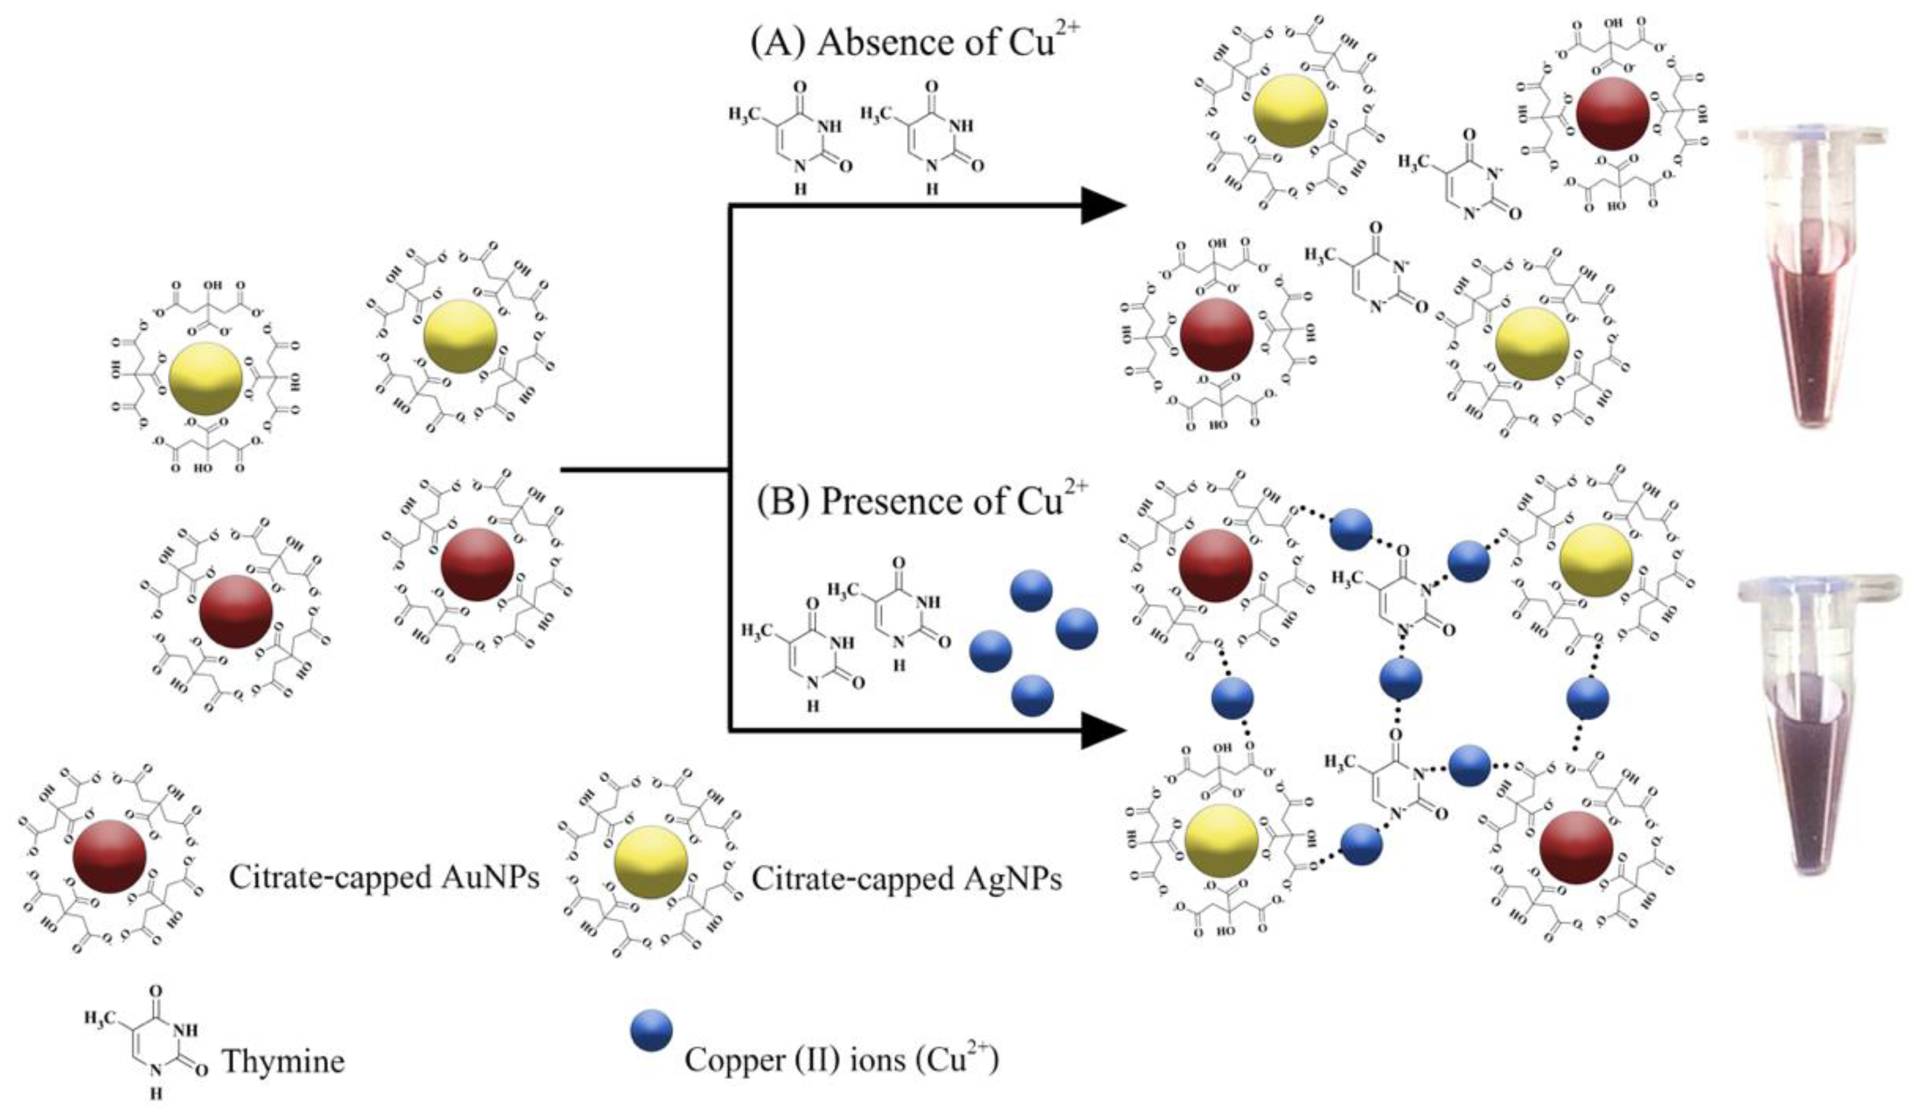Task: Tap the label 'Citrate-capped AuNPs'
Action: [x=384, y=878]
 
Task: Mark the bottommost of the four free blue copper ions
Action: [x=1032, y=695]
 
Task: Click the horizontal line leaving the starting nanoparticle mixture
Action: [x=643, y=471]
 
